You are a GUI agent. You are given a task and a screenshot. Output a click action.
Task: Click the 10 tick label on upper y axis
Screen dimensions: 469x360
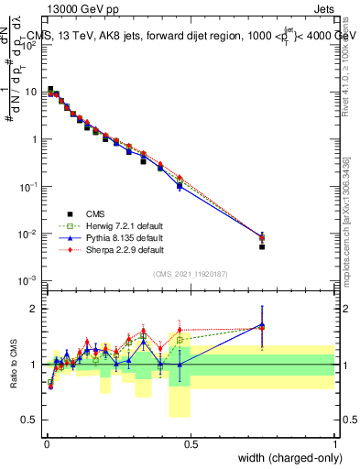pos(32,92)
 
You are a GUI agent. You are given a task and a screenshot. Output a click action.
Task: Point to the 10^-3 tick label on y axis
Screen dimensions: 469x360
pos(30,281)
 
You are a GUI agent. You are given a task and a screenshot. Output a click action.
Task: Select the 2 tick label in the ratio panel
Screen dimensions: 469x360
pos(37,309)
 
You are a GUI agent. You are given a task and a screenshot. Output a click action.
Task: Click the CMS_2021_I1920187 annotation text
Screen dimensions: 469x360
pos(190,274)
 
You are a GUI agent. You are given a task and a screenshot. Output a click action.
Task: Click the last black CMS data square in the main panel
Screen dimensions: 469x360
pos(262,246)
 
